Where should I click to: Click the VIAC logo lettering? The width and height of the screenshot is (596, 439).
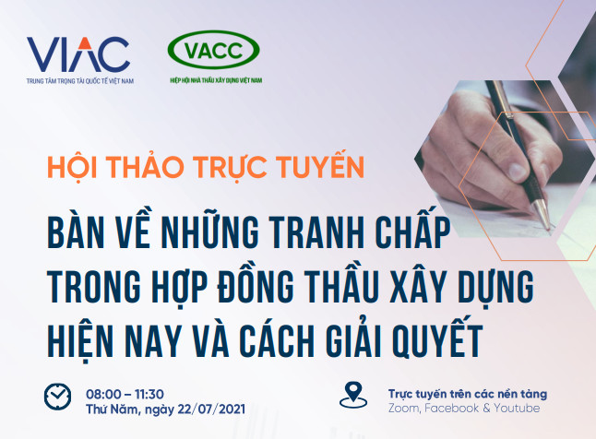click(78, 54)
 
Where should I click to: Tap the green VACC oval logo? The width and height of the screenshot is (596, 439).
click(214, 50)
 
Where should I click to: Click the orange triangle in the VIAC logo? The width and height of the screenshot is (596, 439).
click(85, 43)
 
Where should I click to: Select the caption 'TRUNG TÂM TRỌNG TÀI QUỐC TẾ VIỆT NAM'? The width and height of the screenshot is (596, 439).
click(80, 81)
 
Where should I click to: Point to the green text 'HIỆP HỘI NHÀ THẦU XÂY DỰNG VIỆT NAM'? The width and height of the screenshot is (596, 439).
click(216, 80)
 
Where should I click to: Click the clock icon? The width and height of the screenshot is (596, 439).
click(57, 397)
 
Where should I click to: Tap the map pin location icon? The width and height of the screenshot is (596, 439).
click(353, 396)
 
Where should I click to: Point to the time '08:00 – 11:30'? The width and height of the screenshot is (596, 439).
click(125, 394)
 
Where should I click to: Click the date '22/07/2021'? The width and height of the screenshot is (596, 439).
click(211, 409)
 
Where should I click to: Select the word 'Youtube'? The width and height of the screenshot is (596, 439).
click(517, 409)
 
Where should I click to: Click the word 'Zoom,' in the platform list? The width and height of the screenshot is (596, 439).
click(404, 409)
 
